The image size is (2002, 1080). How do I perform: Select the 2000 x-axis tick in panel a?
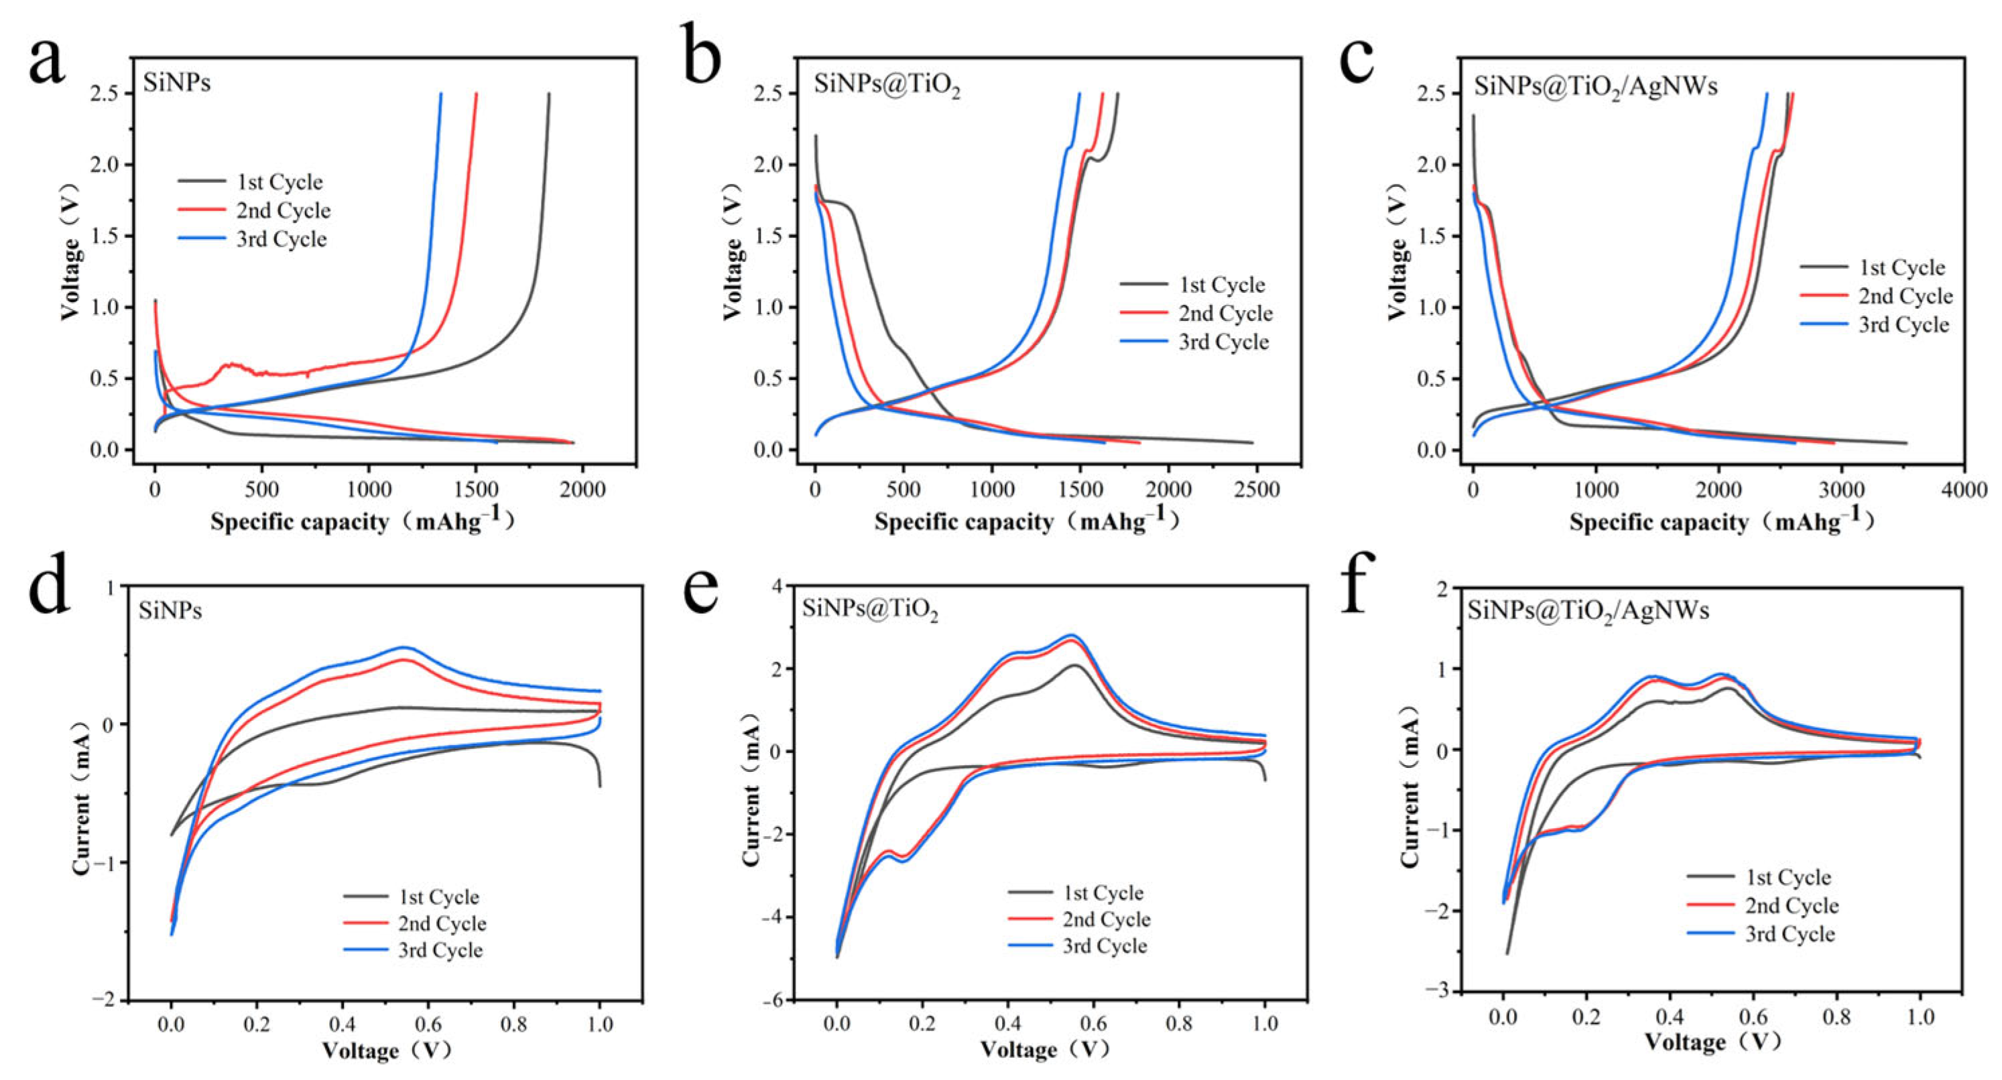click(x=583, y=490)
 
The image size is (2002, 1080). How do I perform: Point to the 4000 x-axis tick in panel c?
click(x=1964, y=490)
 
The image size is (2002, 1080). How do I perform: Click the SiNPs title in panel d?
click(x=170, y=611)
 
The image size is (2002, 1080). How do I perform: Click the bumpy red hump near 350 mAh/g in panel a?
click(x=232, y=365)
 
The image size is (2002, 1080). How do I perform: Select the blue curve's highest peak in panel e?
click(x=1072, y=634)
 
